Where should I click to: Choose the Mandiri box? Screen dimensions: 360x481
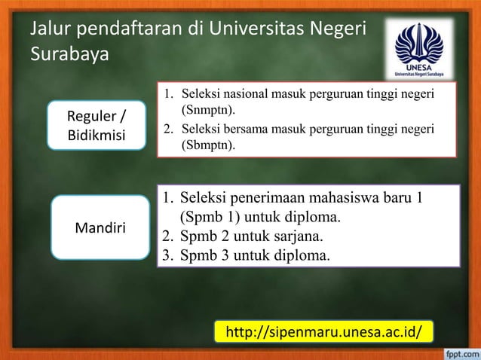pos(101,226)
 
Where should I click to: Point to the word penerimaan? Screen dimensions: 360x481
pos(272,200)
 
